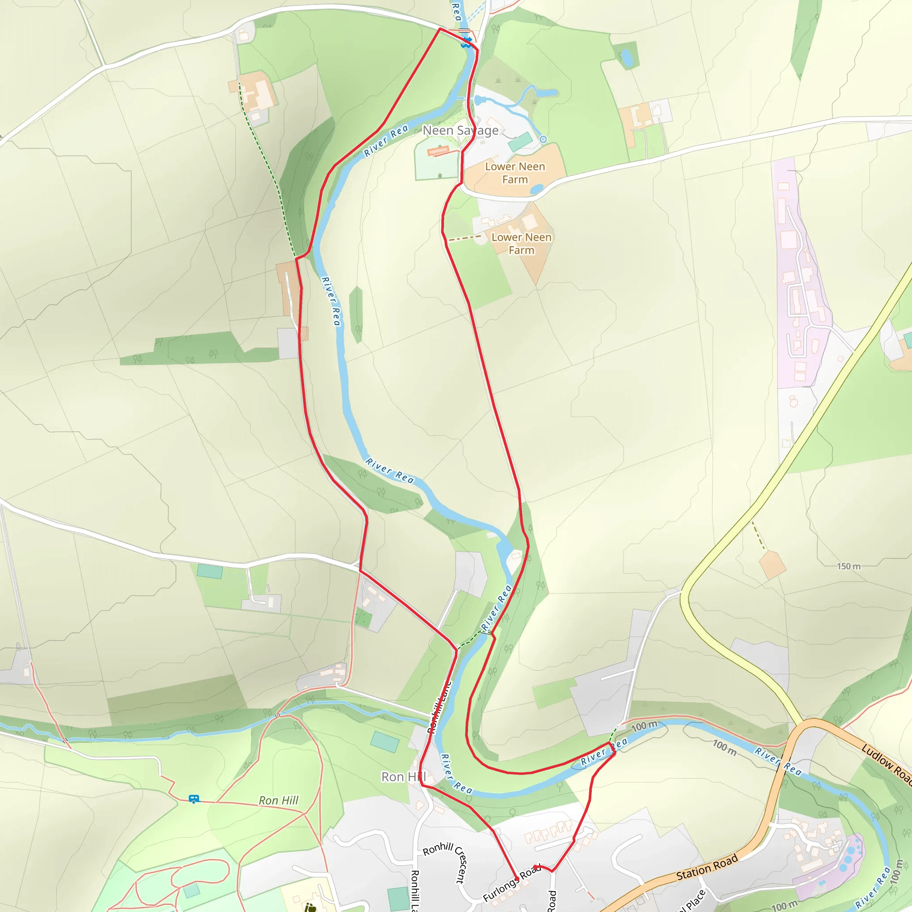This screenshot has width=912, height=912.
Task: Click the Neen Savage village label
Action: coord(460,130)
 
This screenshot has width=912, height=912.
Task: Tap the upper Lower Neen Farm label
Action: coord(515,173)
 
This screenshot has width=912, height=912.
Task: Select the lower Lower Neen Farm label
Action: coord(521,244)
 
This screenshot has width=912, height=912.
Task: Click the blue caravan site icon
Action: coord(194,799)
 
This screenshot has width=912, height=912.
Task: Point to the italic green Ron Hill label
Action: coord(278,800)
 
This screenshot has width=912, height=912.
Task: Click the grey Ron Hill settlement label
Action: coord(403,777)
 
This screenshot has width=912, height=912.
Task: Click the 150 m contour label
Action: coord(848,566)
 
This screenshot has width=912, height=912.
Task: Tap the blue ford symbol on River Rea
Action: coord(467,41)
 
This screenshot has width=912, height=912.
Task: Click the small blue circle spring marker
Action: coord(543,139)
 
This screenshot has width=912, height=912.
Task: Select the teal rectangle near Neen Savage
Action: coord(521,142)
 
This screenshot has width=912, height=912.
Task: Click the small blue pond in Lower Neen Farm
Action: coord(537,189)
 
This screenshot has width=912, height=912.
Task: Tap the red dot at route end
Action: coord(535,867)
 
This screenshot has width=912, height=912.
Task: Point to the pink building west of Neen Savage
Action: coord(438,151)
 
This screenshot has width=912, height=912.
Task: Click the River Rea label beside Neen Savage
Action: coord(386,140)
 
